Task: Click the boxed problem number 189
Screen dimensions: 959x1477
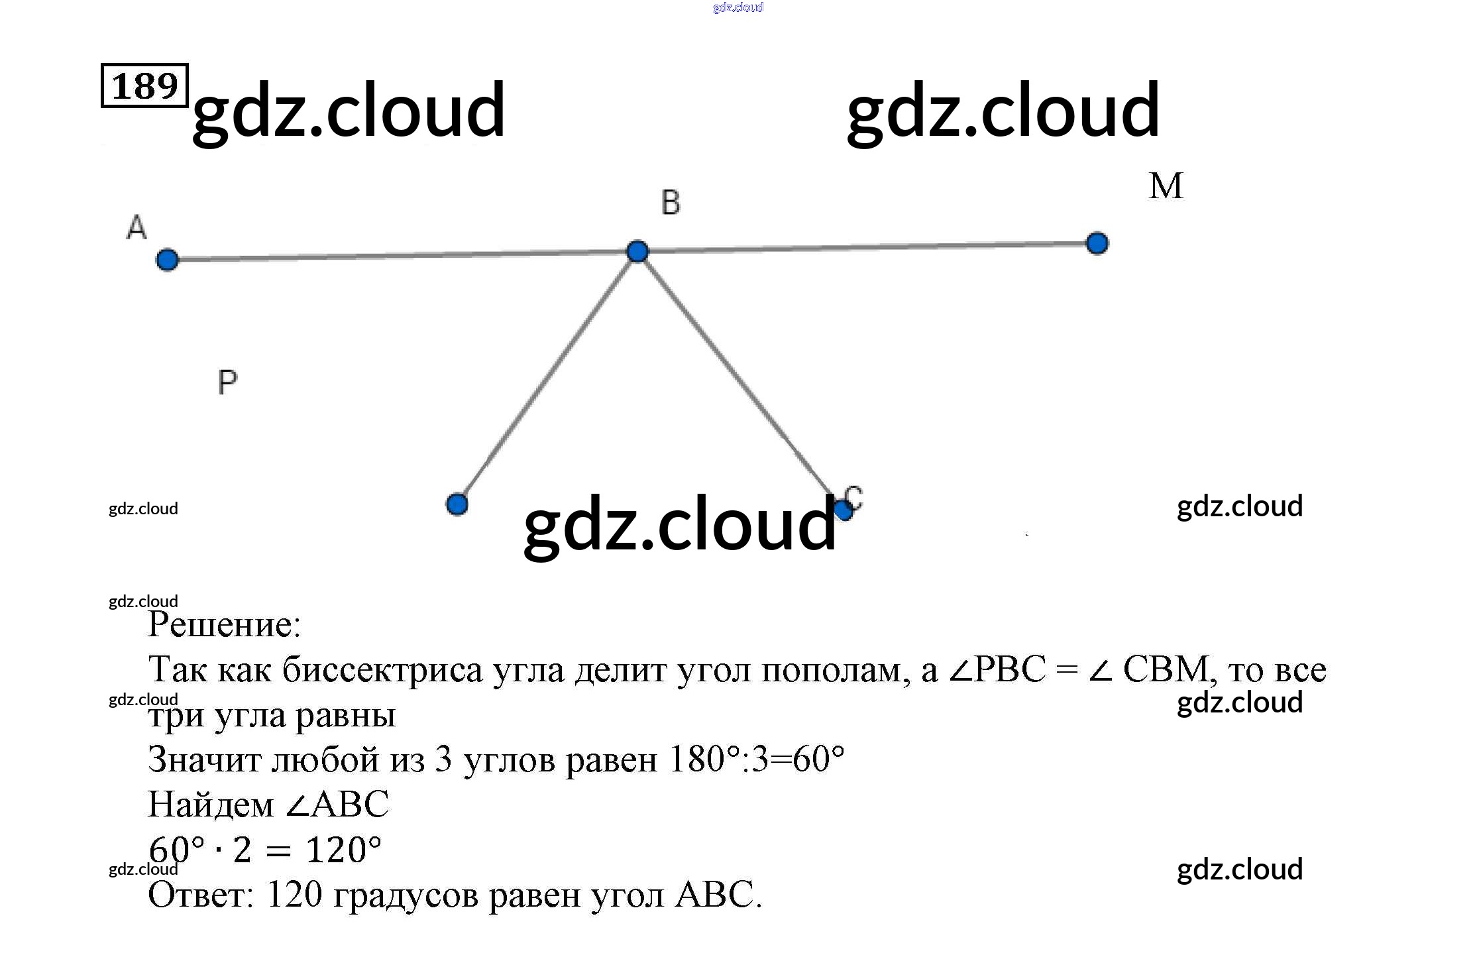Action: pyautogui.click(x=144, y=85)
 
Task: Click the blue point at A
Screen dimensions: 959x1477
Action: pyautogui.click(x=167, y=259)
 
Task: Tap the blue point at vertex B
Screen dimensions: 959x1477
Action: pyautogui.click(x=637, y=251)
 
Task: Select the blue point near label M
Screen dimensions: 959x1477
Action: pyautogui.click(x=1097, y=243)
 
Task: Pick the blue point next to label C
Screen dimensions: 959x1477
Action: pyautogui.click(x=843, y=510)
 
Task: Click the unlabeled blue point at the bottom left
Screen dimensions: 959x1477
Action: pyautogui.click(x=457, y=504)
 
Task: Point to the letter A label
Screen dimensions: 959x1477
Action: pyautogui.click(x=137, y=227)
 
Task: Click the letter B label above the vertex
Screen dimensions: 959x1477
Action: pyautogui.click(x=671, y=203)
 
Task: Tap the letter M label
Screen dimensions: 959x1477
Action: pyautogui.click(x=1166, y=186)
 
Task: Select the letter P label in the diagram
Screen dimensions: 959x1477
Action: pyautogui.click(x=227, y=382)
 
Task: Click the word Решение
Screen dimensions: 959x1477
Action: pyautogui.click(x=224, y=625)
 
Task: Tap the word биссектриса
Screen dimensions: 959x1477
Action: pyautogui.click(x=382, y=670)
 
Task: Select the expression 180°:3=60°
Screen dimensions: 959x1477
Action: pyautogui.click(x=757, y=760)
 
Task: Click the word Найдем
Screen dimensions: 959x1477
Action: pyautogui.click(x=210, y=805)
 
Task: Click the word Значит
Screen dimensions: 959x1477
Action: pyautogui.click(x=204, y=760)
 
